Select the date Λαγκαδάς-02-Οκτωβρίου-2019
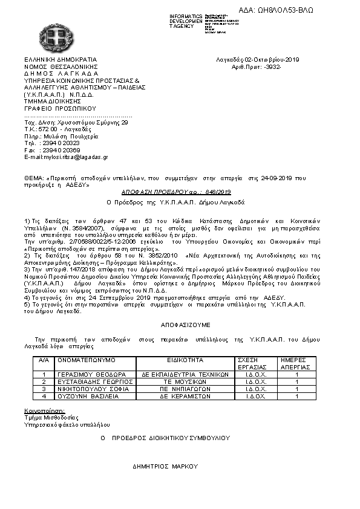click(x=257, y=59)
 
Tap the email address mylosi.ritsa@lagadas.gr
click(x=66, y=157)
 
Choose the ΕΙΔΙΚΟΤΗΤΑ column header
click(x=185, y=360)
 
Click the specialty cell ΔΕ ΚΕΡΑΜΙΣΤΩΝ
click(x=185, y=397)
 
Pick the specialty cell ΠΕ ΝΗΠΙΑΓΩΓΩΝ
click(x=185, y=389)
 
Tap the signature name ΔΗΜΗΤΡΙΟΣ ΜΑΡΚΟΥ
click(x=165, y=467)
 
